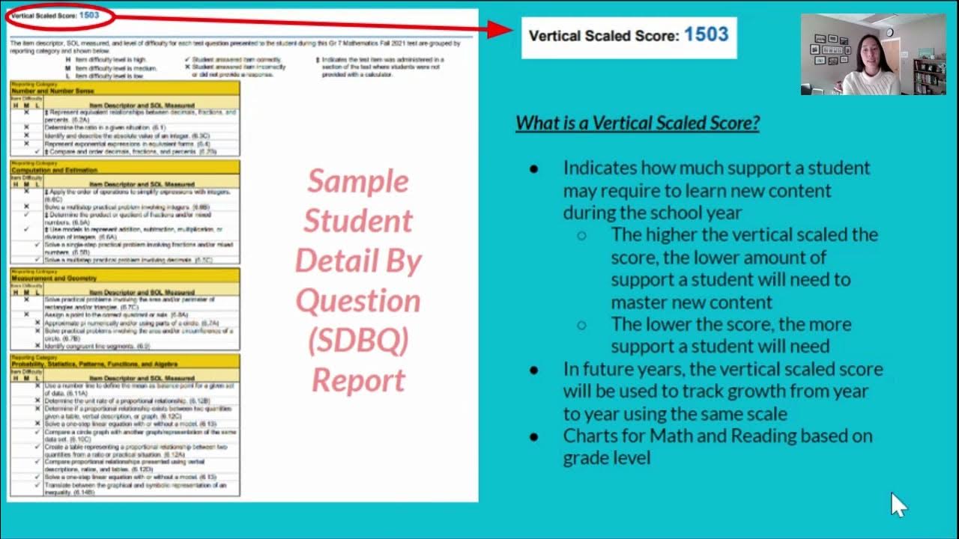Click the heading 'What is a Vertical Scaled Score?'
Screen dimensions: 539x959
coord(638,123)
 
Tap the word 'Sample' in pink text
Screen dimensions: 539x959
coord(358,181)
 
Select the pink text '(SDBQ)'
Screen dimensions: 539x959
coord(358,341)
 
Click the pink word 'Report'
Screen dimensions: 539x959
coord(358,380)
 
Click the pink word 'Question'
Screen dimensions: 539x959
coord(358,301)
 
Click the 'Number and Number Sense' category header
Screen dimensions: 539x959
coord(43,91)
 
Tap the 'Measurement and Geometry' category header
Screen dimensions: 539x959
coord(48,278)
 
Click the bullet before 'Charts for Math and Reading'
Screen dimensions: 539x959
coord(533,436)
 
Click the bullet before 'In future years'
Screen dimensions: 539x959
coord(533,370)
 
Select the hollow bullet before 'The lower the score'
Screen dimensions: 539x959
coord(581,325)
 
